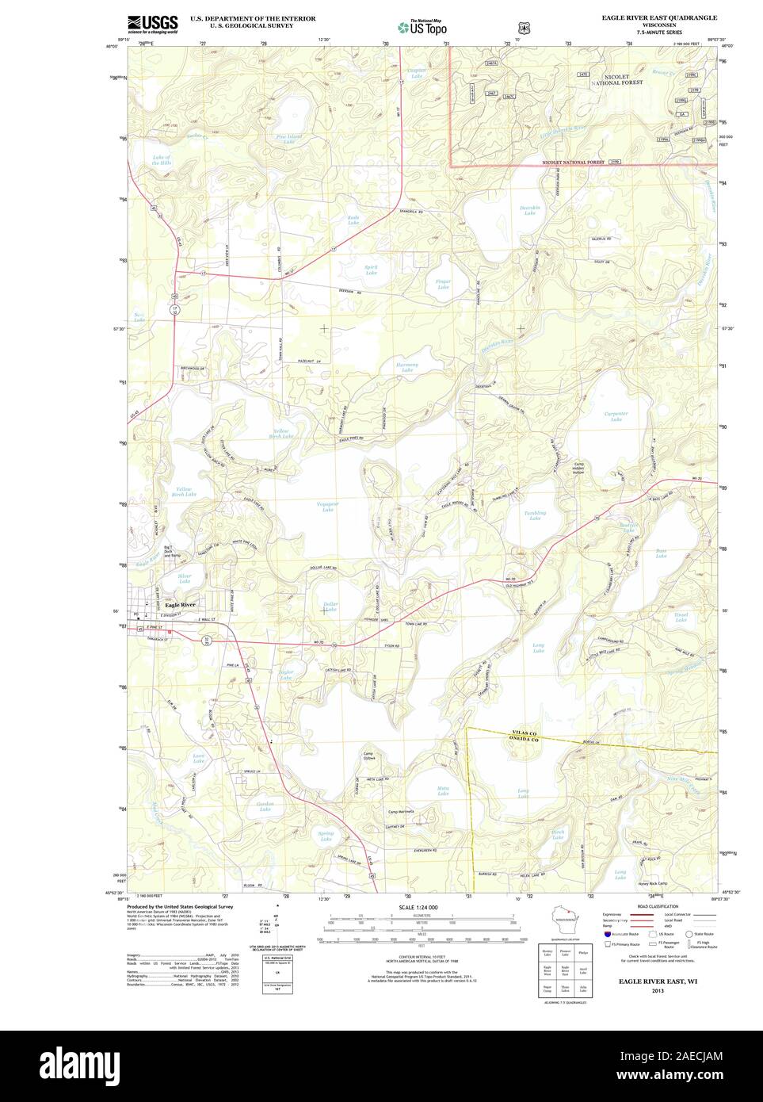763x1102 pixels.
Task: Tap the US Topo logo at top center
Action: (424, 27)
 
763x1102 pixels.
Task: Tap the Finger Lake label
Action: (443, 283)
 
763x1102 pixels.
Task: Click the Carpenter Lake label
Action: (616, 416)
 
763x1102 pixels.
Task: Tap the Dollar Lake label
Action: (330, 607)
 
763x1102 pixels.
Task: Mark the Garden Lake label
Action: (265, 806)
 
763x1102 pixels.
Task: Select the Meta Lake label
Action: (443, 791)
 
